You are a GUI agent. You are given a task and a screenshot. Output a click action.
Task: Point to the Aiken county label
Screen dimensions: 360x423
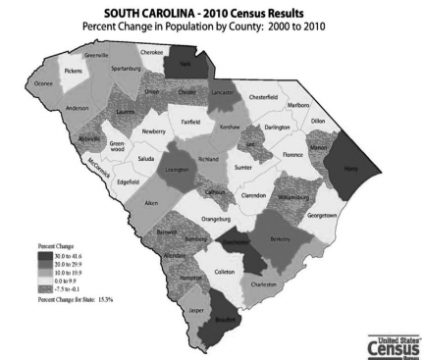151,203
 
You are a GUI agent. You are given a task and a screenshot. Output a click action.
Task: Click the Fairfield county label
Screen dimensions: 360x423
197,121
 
